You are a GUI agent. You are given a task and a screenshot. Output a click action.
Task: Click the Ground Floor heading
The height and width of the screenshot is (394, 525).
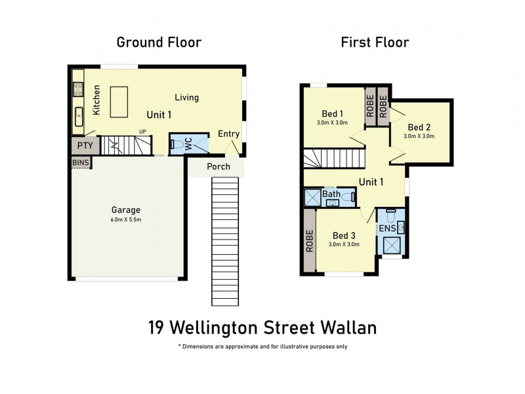pyautogui.click(x=158, y=43)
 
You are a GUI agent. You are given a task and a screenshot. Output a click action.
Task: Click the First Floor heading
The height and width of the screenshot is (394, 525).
pyautogui.click(x=375, y=43)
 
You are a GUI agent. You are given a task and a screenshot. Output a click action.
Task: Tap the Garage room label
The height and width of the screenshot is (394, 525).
pyautogui.click(x=126, y=210)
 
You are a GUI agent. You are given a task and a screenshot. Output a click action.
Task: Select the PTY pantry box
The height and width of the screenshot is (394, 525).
pyautogui.click(x=85, y=145)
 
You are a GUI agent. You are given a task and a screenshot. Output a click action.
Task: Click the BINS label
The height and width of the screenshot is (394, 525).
pyautogui.click(x=81, y=162)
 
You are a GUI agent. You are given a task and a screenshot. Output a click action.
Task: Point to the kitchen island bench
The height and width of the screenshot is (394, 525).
pyautogui.click(x=119, y=102)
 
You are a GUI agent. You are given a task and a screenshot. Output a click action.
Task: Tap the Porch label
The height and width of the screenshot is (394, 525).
pyautogui.click(x=219, y=166)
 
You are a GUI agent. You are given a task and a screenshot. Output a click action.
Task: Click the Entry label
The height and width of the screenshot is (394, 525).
pyautogui.click(x=229, y=134)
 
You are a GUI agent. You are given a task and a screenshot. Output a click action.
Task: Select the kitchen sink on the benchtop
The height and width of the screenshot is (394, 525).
pyautogui.click(x=78, y=116)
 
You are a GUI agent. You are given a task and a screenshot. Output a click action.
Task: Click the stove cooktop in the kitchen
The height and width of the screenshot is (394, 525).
pyautogui.click(x=78, y=88)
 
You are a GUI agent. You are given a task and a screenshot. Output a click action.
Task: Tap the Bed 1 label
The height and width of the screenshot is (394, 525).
pyautogui.click(x=333, y=114)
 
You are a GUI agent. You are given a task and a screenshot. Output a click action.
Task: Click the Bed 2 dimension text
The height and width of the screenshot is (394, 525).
pyautogui.click(x=419, y=137)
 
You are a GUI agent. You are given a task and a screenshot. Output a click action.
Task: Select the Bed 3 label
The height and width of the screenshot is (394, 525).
pyautogui.click(x=344, y=236)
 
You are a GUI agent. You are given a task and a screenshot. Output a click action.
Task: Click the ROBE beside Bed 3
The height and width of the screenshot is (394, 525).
pyautogui.click(x=310, y=241)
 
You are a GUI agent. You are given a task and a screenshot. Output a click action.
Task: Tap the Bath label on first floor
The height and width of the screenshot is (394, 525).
pyautogui.click(x=331, y=194)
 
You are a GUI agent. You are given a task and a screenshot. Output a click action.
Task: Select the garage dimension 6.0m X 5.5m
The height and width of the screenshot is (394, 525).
pyautogui.click(x=126, y=219)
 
